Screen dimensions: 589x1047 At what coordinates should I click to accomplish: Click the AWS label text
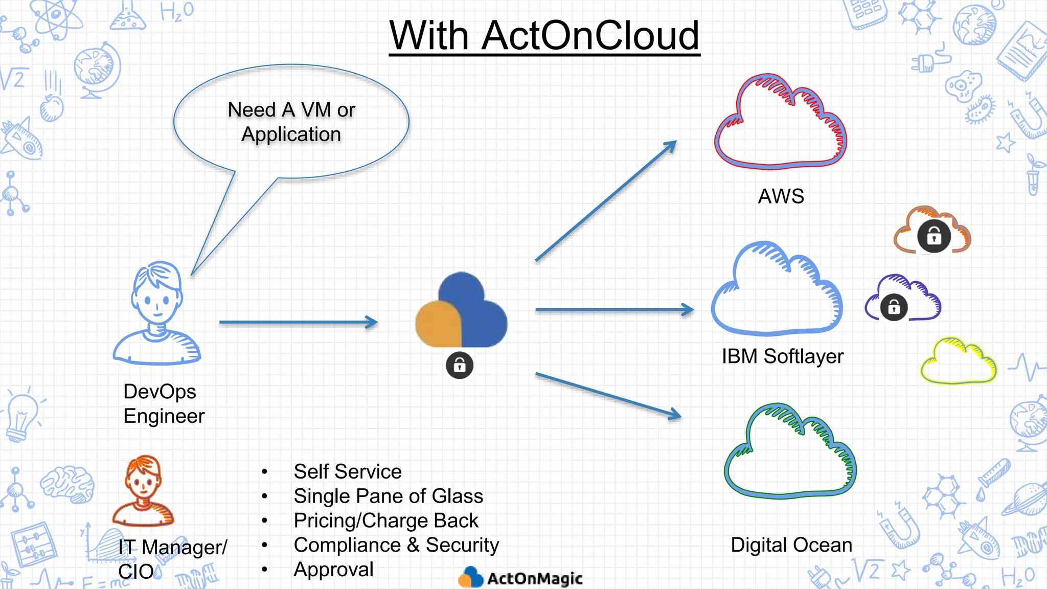coord(781,196)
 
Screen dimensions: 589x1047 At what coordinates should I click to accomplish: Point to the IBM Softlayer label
coord(782,356)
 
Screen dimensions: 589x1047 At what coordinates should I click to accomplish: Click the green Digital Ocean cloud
coord(790,452)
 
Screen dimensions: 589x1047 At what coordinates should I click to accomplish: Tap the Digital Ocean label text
coord(791,545)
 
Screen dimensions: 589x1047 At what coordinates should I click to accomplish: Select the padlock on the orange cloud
coord(934,236)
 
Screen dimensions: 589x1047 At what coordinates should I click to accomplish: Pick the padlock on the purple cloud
coord(894,307)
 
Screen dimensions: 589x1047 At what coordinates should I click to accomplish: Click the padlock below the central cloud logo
coord(459,366)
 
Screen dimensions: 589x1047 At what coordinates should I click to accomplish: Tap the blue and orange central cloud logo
coord(461,312)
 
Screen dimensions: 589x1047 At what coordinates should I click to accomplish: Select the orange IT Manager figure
coord(144,491)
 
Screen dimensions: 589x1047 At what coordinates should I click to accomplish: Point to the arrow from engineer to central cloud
coord(298,322)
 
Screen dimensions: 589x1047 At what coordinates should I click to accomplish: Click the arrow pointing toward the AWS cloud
coord(606,201)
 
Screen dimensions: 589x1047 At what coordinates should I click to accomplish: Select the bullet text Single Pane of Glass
coord(388,496)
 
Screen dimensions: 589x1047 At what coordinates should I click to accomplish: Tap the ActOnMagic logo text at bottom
coord(534,579)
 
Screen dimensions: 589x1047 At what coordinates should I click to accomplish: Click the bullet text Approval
coord(333,570)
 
